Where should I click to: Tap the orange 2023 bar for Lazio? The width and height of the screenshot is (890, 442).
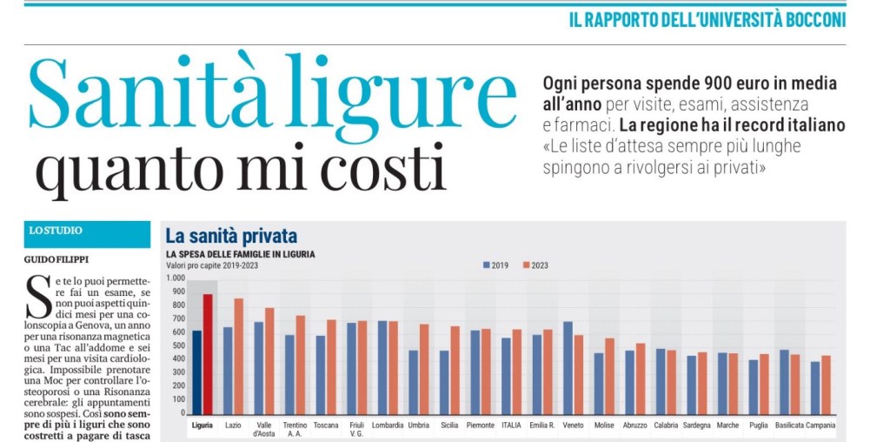(x=238, y=356)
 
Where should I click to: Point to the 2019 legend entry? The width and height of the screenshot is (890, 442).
(x=495, y=265)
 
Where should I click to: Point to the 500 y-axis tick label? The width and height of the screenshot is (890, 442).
(x=178, y=345)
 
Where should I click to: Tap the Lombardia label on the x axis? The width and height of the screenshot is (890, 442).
(x=388, y=425)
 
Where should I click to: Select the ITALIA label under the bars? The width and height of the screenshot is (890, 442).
(x=511, y=425)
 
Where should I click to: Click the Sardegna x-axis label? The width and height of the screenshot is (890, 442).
(x=696, y=425)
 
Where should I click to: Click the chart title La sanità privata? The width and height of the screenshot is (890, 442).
(x=231, y=236)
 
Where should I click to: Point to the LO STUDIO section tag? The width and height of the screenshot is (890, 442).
(x=56, y=231)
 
